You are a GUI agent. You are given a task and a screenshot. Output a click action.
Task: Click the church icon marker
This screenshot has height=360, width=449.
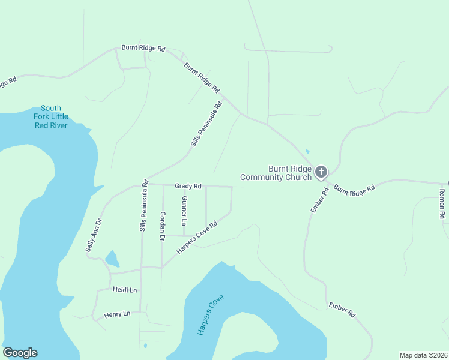coord(321,173)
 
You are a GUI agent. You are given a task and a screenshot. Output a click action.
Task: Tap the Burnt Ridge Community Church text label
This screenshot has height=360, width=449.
coord(276,173)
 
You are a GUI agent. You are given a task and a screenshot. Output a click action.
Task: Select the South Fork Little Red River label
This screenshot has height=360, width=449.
coord(50,116)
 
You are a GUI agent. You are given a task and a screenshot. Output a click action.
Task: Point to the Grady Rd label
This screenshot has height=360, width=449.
coord(188,187)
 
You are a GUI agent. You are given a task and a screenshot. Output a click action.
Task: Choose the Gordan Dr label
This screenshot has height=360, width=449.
coord(162,226)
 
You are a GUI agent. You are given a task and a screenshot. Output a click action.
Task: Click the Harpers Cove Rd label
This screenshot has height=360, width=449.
coord(196,236)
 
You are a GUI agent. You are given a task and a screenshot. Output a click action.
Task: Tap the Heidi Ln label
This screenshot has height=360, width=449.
coord(125,290)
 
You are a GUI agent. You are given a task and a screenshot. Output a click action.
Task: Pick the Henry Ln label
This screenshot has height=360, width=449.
coord(117,314)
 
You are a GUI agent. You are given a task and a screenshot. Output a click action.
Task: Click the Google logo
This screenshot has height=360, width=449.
coord(20,353)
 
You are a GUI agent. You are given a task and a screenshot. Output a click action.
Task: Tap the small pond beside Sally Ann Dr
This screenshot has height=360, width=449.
coord(112,259)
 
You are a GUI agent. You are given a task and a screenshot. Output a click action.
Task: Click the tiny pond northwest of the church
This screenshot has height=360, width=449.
coord(307,151)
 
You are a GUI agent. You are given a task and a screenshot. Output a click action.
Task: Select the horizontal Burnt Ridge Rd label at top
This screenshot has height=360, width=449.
coord(143,48)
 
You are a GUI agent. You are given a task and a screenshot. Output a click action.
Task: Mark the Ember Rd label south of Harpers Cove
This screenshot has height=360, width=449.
coord(342,310)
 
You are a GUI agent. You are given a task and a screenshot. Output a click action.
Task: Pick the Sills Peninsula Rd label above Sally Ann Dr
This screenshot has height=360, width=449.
coord(143,206)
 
